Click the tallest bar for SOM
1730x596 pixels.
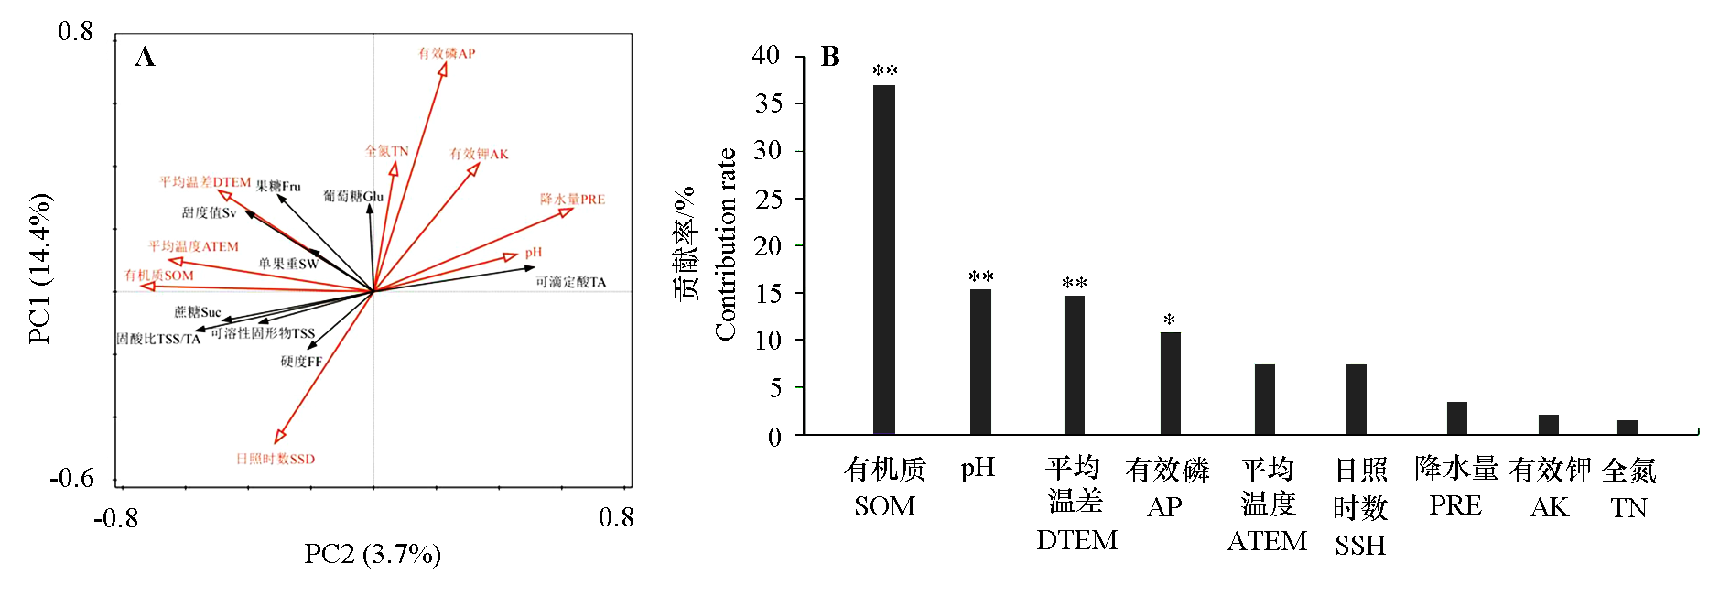[883, 260]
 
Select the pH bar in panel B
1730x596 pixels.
[980, 362]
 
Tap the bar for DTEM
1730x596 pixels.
[1074, 364]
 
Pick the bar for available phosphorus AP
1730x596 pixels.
[1170, 383]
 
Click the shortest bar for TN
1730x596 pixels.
[1627, 428]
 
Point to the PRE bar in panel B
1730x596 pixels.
[1456, 418]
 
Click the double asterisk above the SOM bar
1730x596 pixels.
[884, 71]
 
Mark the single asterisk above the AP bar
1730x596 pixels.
[1169, 320]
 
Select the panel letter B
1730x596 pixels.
[830, 57]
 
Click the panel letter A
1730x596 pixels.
[145, 57]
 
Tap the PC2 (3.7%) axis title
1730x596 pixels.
[373, 554]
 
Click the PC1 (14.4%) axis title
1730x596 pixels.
[39, 268]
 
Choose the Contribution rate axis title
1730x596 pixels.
[725, 244]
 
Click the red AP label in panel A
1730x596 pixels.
[447, 53]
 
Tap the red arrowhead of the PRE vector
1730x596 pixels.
[568, 211]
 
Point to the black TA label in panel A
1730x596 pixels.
[571, 282]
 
